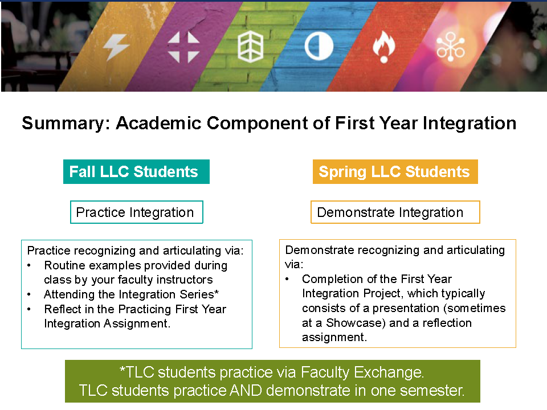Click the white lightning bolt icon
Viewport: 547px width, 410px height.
[x=116, y=47]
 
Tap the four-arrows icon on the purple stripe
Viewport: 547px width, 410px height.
[x=183, y=47]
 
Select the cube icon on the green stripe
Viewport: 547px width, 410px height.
[x=251, y=47]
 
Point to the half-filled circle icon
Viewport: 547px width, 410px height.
[x=319, y=46]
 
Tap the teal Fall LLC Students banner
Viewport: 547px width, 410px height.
[x=136, y=171]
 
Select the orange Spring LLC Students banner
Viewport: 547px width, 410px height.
[x=395, y=171]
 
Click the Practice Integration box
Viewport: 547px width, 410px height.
[x=136, y=212]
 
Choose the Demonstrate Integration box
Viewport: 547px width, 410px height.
[x=395, y=212]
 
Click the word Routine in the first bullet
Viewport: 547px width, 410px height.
[x=65, y=266]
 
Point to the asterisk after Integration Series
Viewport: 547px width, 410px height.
[x=217, y=292]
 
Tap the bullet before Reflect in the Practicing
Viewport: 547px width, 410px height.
[x=29, y=309]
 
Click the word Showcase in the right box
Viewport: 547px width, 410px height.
[x=354, y=323]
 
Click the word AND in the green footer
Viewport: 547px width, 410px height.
[x=246, y=391]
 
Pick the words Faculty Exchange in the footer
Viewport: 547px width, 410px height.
[x=362, y=372]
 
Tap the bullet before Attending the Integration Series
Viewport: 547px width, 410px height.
[x=29, y=294]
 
